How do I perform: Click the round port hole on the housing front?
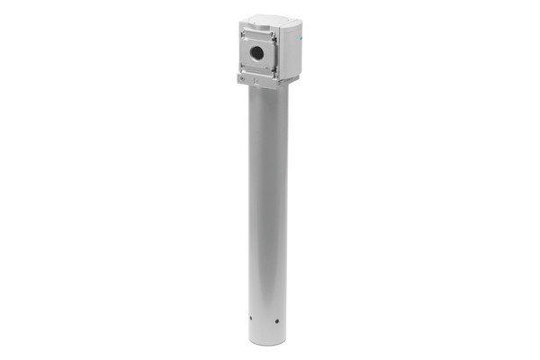click(258, 53)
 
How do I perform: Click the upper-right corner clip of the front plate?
click(274, 36)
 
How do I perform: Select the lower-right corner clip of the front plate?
click(274, 73)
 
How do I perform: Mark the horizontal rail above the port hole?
click(258, 37)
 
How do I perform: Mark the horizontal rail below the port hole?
click(258, 71)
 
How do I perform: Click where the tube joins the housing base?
click(268, 89)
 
